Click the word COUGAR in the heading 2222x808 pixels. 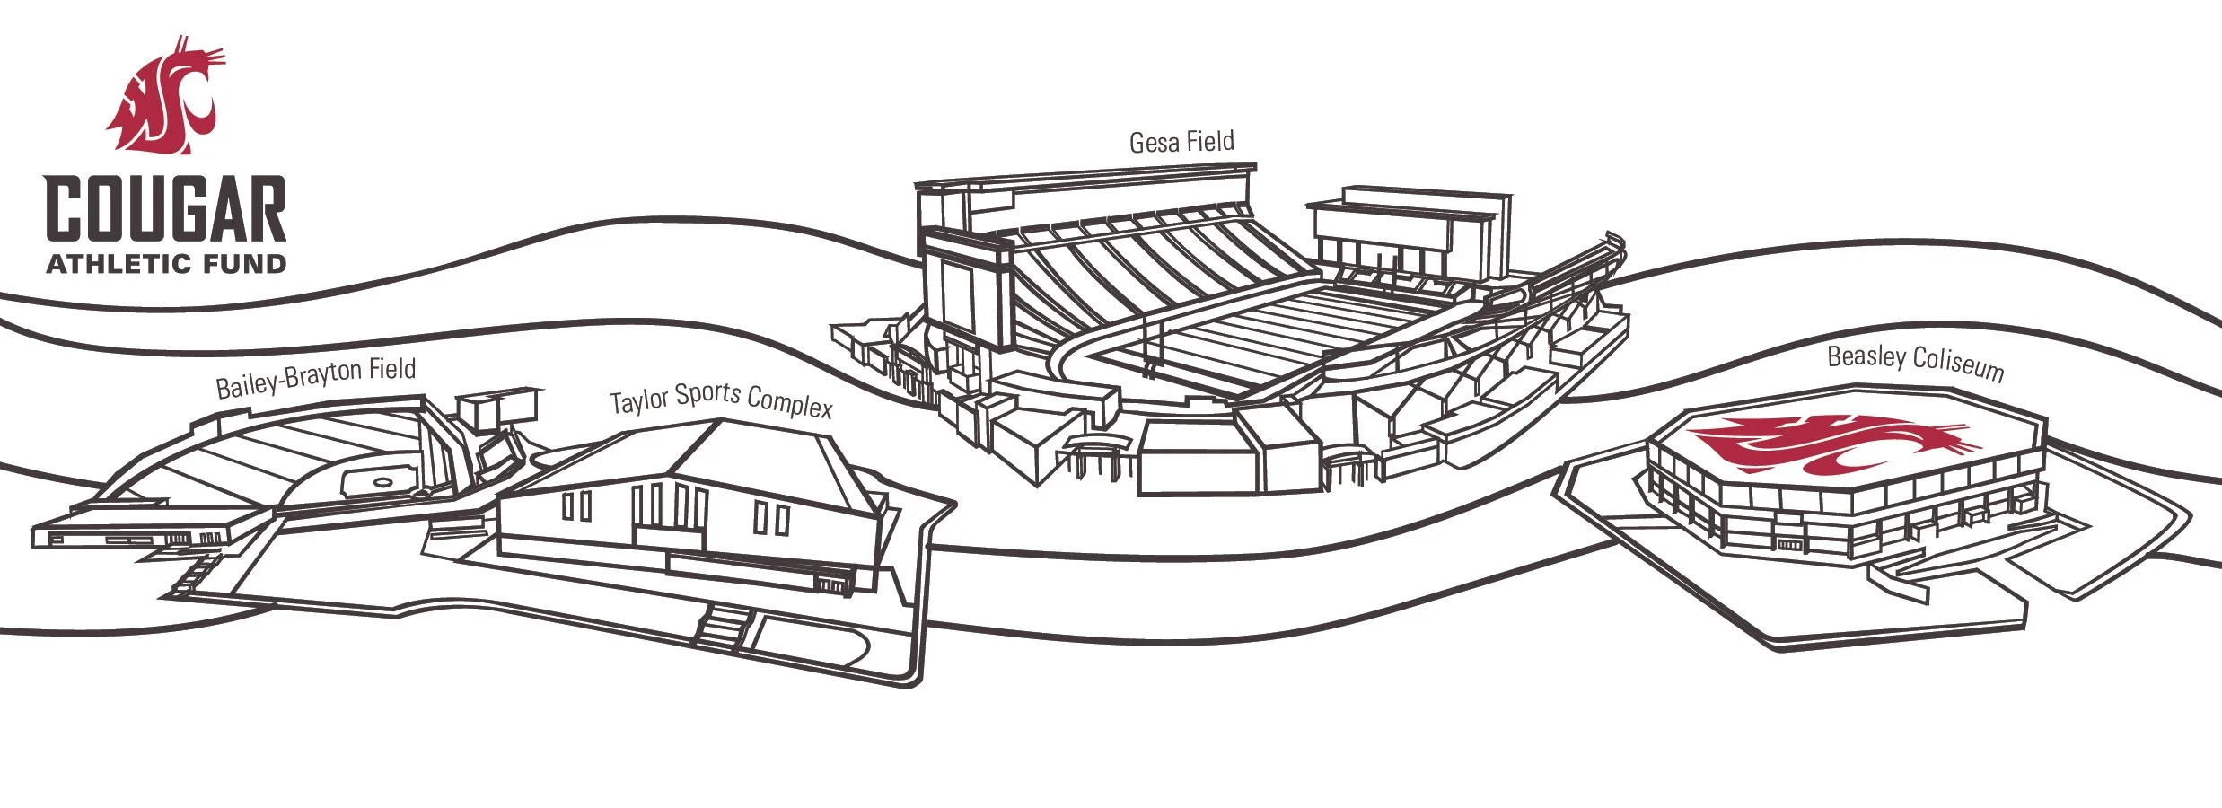tap(166, 208)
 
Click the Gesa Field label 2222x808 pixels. tap(1181, 142)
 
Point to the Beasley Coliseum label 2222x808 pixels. tap(1915, 361)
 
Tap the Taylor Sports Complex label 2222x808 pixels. tap(721, 400)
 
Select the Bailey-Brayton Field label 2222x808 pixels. tap(315, 375)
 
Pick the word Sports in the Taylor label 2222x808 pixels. tap(707, 396)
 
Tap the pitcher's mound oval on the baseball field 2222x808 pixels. tap(383, 483)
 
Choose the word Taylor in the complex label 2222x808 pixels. tap(638, 401)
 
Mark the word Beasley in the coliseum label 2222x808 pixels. tap(1866, 356)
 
